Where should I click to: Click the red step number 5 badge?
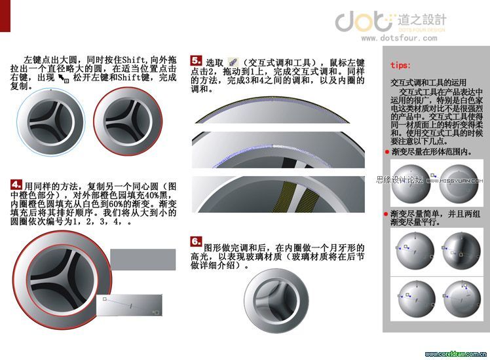[196, 60]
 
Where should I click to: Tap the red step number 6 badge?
[196, 242]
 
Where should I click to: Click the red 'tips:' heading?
[400, 65]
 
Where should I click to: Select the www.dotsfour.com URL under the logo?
[392, 38]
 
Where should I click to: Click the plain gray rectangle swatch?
[141, 261]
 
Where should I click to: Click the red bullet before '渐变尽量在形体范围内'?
[387, 152]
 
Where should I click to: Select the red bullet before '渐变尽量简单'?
[387, 214]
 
